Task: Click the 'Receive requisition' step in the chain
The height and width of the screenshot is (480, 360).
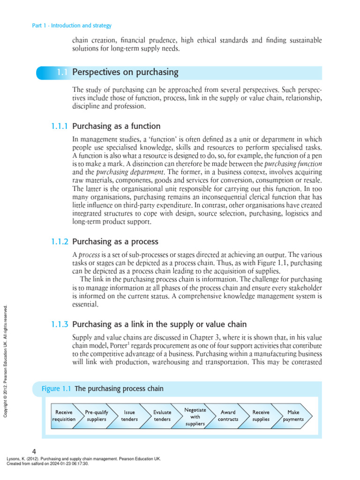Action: pyautogui.click(x=64, y=416)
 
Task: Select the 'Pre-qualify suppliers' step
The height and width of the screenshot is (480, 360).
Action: pyautogui.click(x=97, y=416)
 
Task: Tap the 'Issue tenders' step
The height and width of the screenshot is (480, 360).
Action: pyautogui.click(x=129, y=416)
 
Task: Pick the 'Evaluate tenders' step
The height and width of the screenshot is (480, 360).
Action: pyautogui.click(x=162, y=416)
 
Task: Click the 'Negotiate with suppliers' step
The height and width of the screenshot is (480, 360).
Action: pyautogui.click(x=195, y=416)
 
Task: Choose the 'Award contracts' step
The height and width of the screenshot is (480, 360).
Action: pyautogui.click(x=228, y=416)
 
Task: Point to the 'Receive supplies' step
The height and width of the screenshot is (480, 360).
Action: pyautogui.click(x=261, y=416)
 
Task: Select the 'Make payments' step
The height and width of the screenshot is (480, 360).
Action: pyautogui.click(x=293, y=416)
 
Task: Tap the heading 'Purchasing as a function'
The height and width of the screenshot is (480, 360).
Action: pyautogui.click(x=116, y=126)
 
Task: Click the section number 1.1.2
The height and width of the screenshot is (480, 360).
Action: pyautogui.click(x=59, y=242)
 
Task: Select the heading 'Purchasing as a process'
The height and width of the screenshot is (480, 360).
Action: pyautogui.click(x=115, y=242)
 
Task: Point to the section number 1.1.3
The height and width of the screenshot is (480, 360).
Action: pyautogui.click(x=59, y=323)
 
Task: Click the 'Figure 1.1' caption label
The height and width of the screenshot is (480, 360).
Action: pyautogui.click(x=56, y=389)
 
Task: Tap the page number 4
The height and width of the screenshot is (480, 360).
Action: pyautogui.click(x=34, y=452)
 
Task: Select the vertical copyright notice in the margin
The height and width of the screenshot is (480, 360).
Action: pyautogui.click(x=6, y=361)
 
